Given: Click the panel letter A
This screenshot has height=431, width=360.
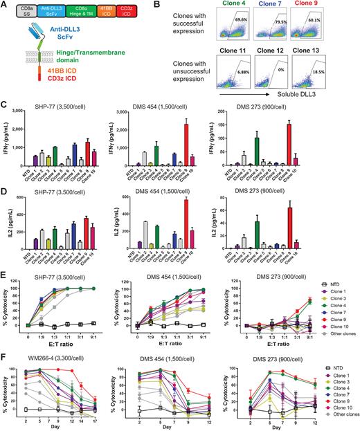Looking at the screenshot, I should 5,6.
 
